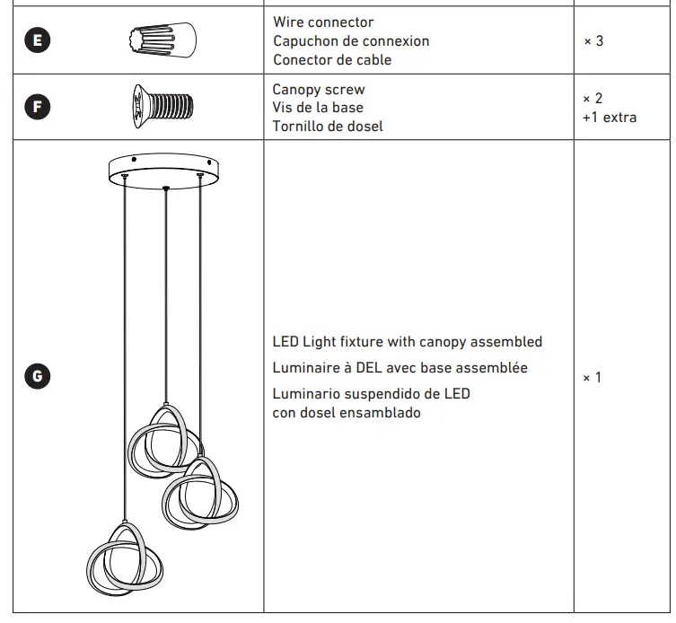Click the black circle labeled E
click(x=37, y=40)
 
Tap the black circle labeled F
click(x=37, y=107)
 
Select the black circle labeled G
click(x=37, y=376)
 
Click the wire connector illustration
click(x=165, y=40)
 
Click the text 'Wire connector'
click(x=323, y=22)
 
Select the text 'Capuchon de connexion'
click(x=350, y=41)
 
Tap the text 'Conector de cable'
click(x=331, y=60)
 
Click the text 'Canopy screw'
click(x=318, y=90)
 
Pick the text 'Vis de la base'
click(x=318, y=108)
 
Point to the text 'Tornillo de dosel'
click(x=328, y=127)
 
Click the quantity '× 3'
click(x=593, y=41)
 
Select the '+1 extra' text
click(x=610, y=118)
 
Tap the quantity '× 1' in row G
click(x=593, y=377)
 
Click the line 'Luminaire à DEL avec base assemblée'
click(x=399, y=368)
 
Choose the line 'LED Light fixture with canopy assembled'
click(x=407, y=342)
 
